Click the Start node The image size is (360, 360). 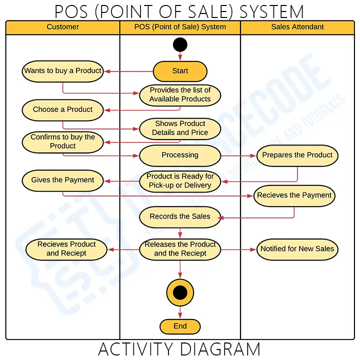click(180, 71)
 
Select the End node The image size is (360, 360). click(180, 326)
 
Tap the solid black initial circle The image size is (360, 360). click(180, 45)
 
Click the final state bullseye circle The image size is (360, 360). click(180, 293)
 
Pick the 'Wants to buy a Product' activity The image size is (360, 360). click(63, 71)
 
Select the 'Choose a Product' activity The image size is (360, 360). click(63, 109)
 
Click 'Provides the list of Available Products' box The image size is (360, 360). click(180, 94)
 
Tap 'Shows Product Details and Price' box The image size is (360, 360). click(180, 128)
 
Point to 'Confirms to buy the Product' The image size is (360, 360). click(63, 141)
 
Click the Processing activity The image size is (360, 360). click(180, 155)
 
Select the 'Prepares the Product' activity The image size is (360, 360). click(297, 155)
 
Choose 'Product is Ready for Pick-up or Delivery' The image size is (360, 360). click(180, 180)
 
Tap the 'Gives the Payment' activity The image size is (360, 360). click(63, 180)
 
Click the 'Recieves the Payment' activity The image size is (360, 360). click(294, 195)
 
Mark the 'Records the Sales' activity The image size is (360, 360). click(180, 216)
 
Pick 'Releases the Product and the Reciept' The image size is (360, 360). click(180, 249)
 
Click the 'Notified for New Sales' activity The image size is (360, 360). click(297, 249)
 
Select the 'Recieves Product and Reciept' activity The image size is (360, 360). click(66, 249)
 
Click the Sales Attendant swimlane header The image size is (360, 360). click(297, 27)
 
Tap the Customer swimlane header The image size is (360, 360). click(63, 27)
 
